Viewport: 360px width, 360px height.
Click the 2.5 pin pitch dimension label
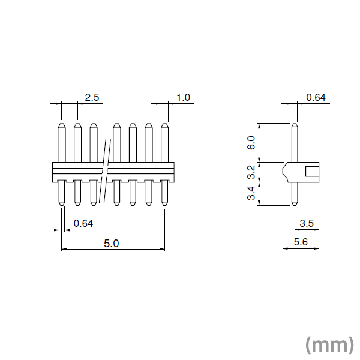coord(92,97)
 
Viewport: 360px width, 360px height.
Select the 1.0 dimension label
coord(184,97)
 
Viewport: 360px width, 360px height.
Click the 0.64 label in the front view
coord(83,223)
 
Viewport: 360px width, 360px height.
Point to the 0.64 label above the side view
coord(316,97)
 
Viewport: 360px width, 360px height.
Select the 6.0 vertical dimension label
coord(251,143)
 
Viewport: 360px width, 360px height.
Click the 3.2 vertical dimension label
coord(251,172)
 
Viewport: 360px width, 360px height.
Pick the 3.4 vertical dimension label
coord(251,194)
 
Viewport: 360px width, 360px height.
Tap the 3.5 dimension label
coord(307,223)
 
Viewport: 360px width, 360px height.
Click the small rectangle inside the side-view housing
coord(312,172)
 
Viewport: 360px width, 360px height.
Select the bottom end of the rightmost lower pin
coord(164,204)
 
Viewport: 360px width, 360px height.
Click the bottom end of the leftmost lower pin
coord(61,204)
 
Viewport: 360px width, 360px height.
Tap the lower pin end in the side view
coord(294,204)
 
